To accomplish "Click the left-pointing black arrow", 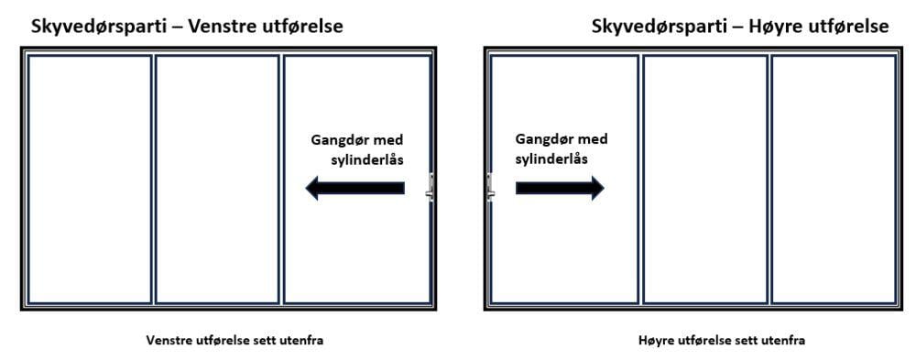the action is point(354,189).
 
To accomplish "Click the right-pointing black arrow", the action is point(560,188).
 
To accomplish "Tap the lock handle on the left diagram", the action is point(430,189).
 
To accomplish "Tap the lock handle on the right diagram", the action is point(490,188).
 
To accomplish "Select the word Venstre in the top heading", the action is point(220,27).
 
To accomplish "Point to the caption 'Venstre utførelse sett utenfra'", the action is point(234,341).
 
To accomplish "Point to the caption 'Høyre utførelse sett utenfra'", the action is point(722,341).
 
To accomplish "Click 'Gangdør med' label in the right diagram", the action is point(562,139).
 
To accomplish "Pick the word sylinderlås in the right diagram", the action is point(551,158).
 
